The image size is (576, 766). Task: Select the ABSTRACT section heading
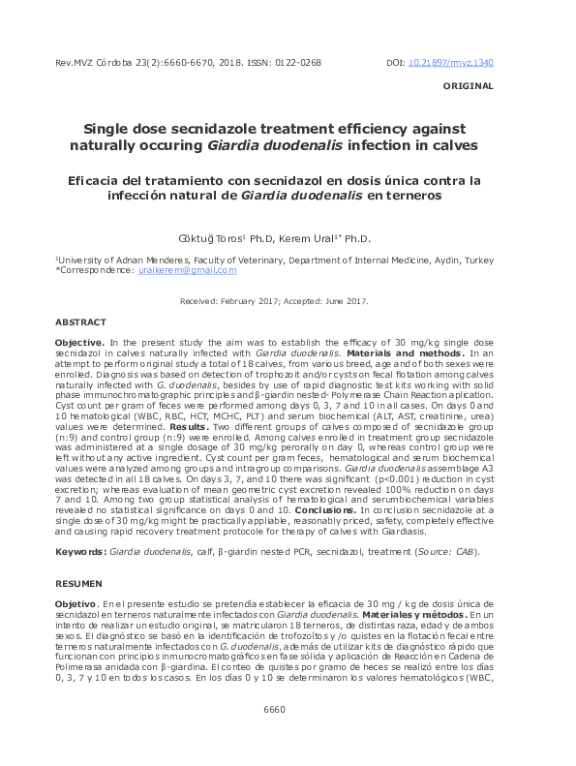(x=81, y=321)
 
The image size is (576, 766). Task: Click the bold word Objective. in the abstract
(x=79, y=343)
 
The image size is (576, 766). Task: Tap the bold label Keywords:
(x=81, y=551)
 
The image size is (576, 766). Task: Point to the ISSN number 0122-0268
(x=297, y=63)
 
